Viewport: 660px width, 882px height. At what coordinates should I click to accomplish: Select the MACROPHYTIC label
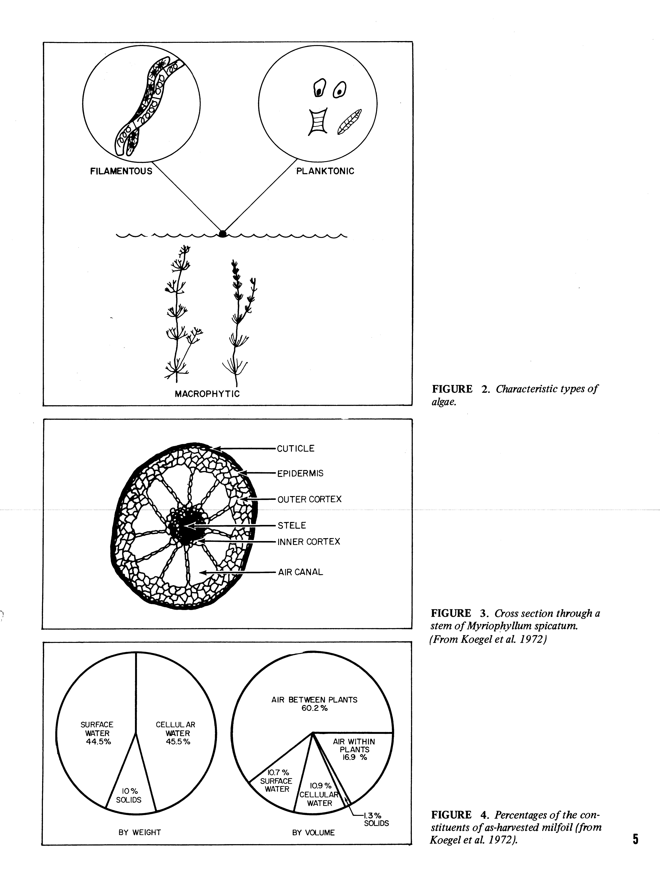tap(207, 394)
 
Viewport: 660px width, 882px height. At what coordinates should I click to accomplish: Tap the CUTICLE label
tap(296, 449)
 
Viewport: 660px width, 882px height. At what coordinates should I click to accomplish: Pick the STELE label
tap(292, 525)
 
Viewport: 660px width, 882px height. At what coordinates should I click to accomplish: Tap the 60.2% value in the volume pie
tap(314, 708)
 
